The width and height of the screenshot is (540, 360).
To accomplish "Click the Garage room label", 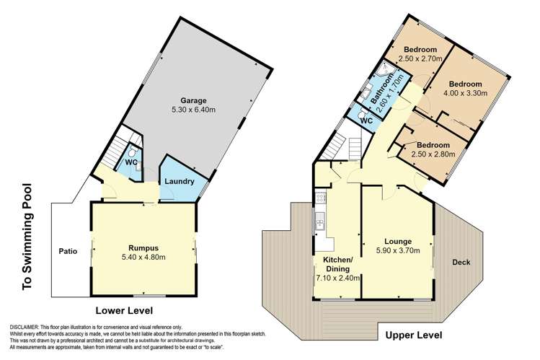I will click(194, 100).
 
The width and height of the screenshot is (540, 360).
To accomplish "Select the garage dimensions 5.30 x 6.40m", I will click(194, 110).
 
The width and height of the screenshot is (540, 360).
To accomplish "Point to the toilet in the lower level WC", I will click(133, 153).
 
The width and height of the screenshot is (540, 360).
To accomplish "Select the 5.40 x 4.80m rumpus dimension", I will click(143, 257).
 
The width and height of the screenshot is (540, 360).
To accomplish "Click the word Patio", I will click(68, 252).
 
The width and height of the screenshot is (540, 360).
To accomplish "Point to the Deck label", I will click(461, 262).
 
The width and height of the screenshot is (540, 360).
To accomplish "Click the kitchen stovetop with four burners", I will click(318, 196).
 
